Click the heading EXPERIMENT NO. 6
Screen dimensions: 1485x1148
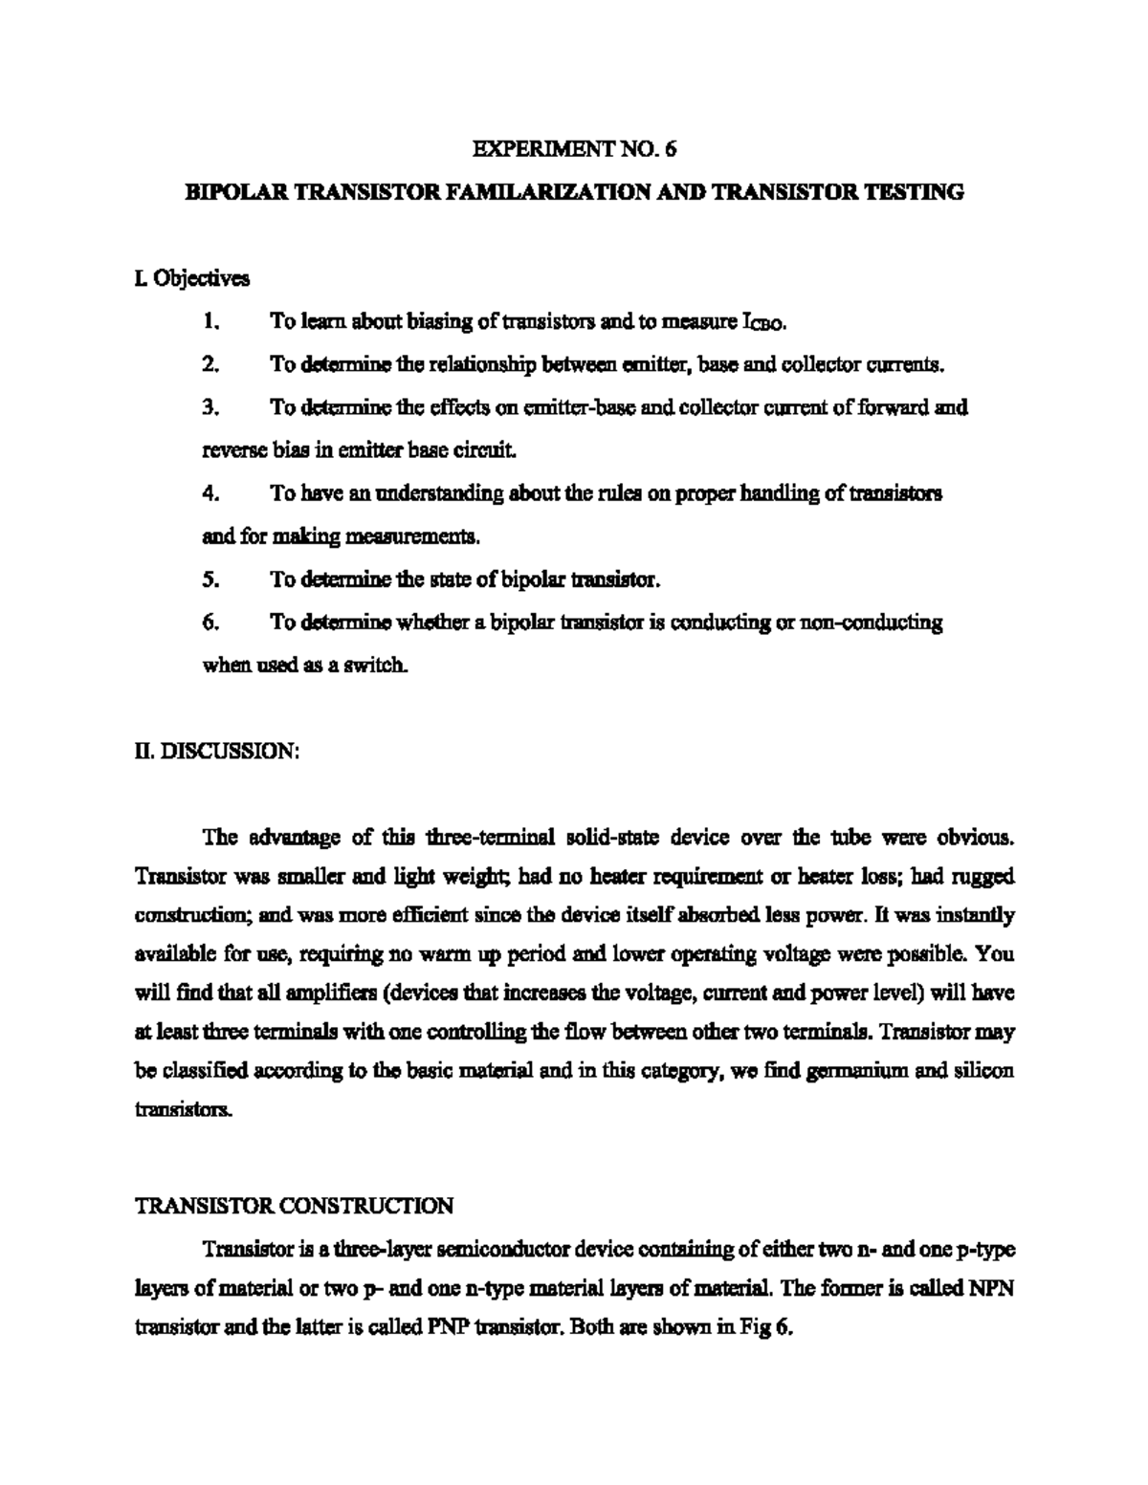coord(574,149)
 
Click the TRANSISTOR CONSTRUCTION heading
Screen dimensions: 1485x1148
coord(294,1206)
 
